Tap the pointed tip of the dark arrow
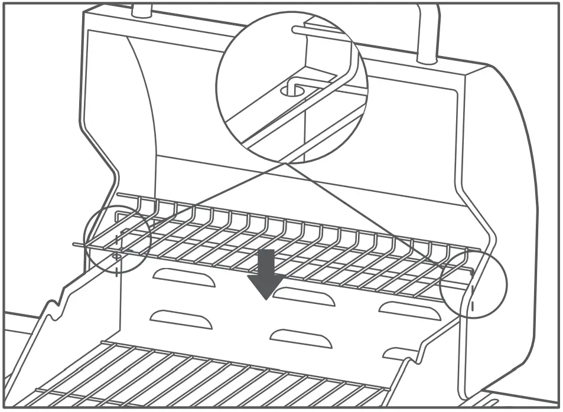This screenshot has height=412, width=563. tap(266, 299)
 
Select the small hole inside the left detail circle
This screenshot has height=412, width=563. tap(116, 256)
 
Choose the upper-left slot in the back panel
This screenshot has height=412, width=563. tap(184, 277)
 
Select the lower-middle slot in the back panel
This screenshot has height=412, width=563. tap(299, 337)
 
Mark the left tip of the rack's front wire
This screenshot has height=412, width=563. tap(74, 244)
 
